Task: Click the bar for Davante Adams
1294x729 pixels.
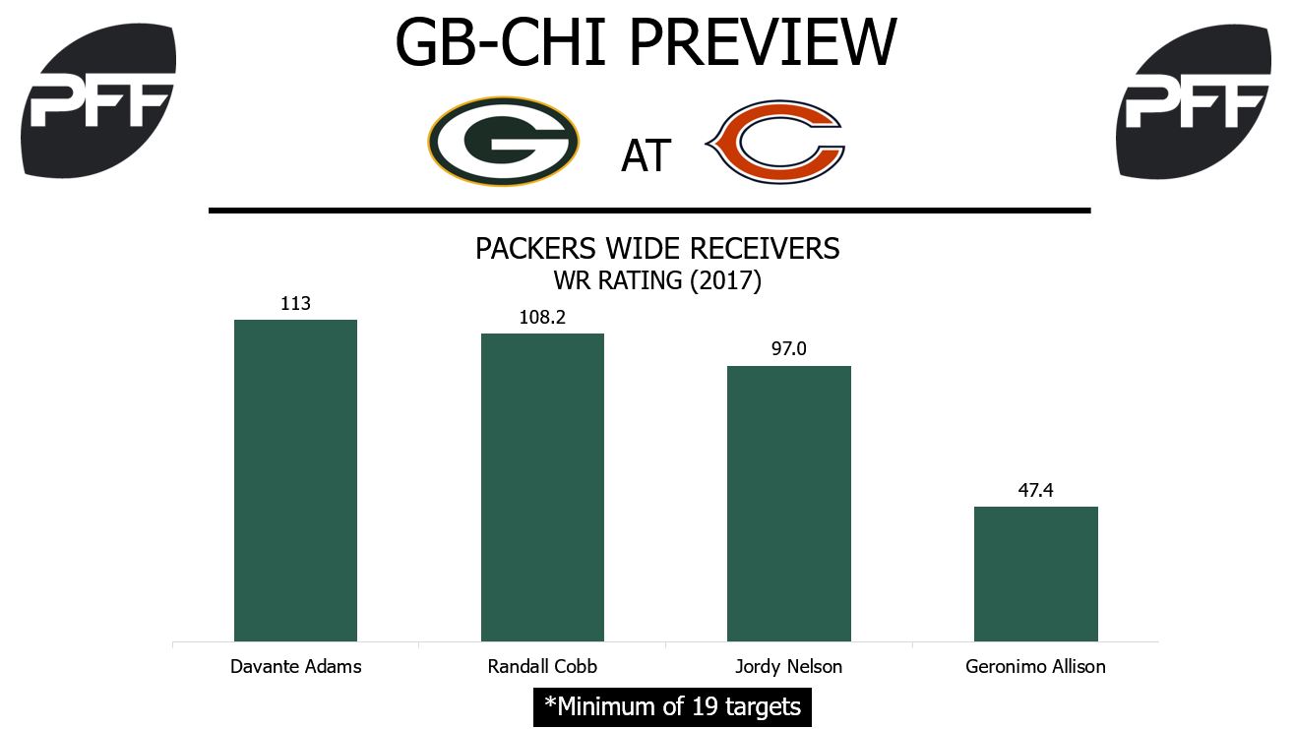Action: (x=295, y=480)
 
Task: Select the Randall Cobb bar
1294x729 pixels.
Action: (x=542, y=487)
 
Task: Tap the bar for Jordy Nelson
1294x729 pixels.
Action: (x=788, y=504)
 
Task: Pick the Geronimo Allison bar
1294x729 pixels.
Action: (x=1035, y=574)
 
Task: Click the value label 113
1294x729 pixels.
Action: (x=295, y=304)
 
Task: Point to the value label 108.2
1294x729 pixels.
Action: (x=542, y=318)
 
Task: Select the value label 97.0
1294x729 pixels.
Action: (x=788, y=350)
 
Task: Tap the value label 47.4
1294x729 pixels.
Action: (x=1035, y=491)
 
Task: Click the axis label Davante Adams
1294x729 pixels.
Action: (x=295, y=666)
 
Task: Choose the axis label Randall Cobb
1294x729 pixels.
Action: (x=542, y=666)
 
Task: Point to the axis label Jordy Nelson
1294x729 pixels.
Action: (x=788, y=666)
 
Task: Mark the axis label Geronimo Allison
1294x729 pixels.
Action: (x=1035, y=666)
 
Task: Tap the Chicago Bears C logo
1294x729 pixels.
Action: (x=775, y=144)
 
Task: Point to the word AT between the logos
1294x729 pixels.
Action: (x=646, y=155)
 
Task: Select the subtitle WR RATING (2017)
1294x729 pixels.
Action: (x=657, y=279)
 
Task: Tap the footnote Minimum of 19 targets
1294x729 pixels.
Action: (x=672, y=706)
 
